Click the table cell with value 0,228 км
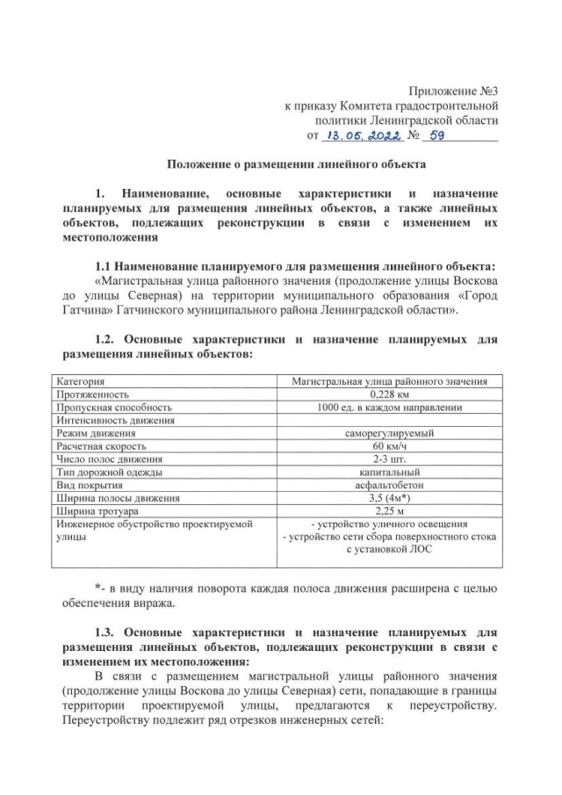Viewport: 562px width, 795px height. tap(391, 394)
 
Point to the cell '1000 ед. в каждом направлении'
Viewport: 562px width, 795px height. tap(391, 408)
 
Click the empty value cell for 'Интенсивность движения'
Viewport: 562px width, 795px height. tap(391, 420)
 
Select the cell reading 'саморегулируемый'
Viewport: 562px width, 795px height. tap(391, 433)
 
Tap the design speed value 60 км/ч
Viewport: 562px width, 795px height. tap(391, 446)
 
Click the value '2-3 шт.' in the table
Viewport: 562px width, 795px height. tap(391, 459)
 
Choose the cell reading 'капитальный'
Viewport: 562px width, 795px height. tap(391, 472)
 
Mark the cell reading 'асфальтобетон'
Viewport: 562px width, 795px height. tap(391, 484)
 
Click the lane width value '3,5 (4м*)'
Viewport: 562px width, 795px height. tap(391, 497)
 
